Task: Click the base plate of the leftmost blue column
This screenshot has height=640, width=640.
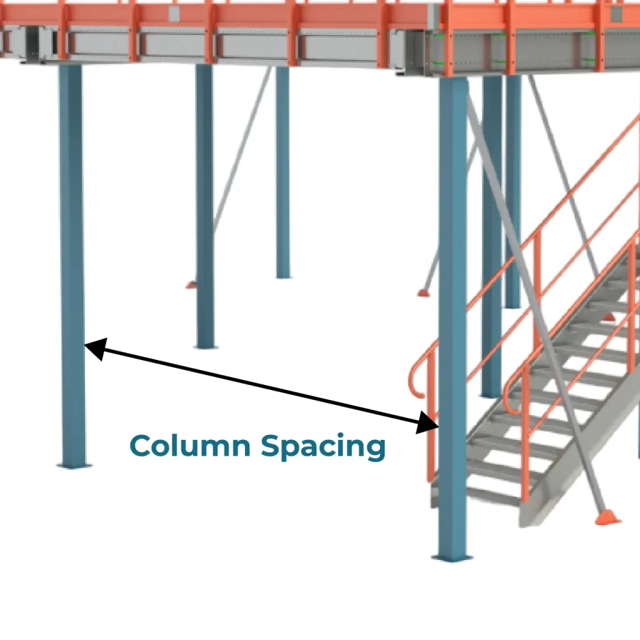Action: click(x=74, y=465)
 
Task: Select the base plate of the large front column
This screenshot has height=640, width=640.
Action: click(x=452, y=557)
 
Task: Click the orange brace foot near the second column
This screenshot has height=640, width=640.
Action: click(x=191, y=285)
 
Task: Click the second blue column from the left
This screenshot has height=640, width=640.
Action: click(x=204, y=206)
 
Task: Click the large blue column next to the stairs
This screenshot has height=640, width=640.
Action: click(x=452, y=312)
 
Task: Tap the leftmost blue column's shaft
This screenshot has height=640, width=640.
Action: click(x=71, y=250)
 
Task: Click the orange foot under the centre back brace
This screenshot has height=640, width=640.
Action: click(x=424, y=292)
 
